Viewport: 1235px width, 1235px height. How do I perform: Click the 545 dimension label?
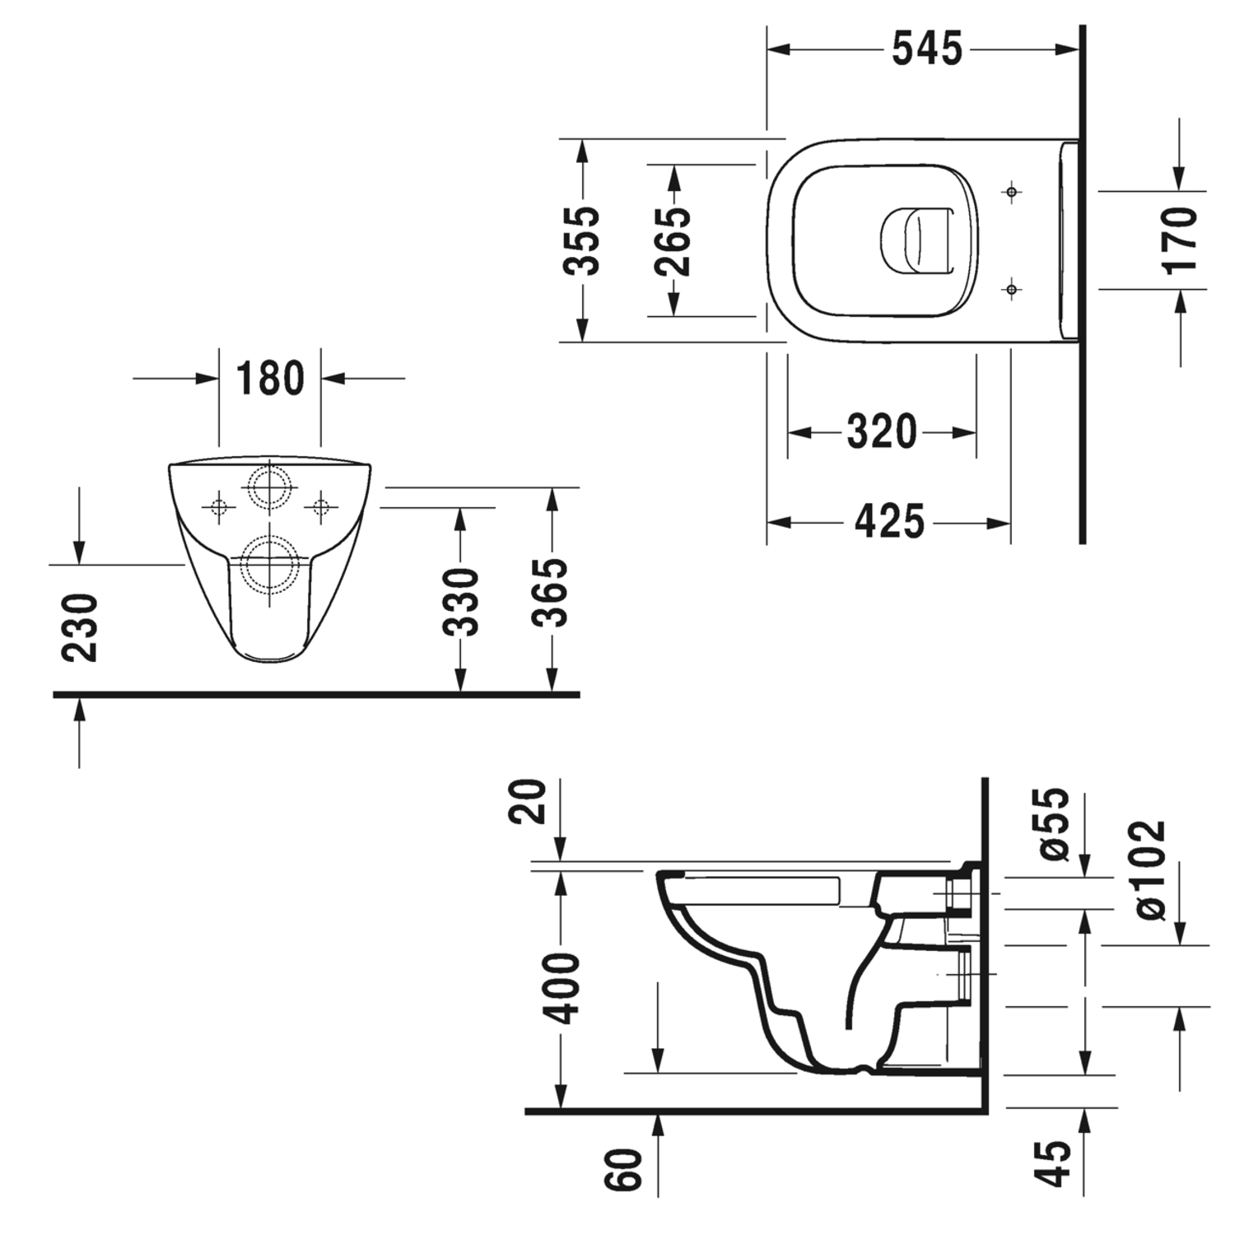click(x=927, y=49)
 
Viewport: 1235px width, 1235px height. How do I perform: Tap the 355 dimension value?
click(x=582, y=240)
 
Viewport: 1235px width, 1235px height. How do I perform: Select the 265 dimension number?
click(x=673, y=240)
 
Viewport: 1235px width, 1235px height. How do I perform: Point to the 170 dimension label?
click(x=1179, y=240)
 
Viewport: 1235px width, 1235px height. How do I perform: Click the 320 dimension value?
click(x=881, y=431)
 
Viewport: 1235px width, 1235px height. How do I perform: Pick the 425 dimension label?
click(x=889, y=521)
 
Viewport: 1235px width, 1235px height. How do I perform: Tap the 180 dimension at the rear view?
click(x=270, y=379)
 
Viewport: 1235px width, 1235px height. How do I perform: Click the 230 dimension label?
click(x=81, y=627)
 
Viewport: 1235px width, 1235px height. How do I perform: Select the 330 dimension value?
click(x=460, y=601)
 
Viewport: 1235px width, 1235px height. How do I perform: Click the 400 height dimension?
click(x=563, y=988)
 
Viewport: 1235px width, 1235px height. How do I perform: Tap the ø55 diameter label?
click(x=1055, y=823)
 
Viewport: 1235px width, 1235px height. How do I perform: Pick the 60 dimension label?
click(x=625, y=1169)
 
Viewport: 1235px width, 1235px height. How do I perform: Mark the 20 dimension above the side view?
click(x=531, y=801)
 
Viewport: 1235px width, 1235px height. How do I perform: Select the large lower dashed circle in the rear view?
click(x=270, y=566)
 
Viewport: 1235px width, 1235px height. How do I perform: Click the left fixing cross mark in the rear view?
click(x=219, y=506)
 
